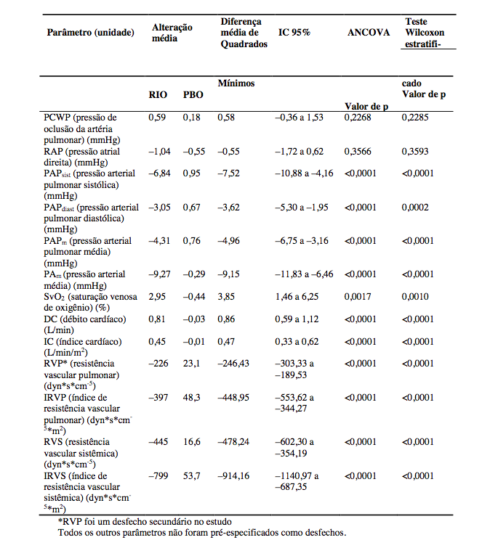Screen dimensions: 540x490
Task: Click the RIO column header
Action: click(158, 94)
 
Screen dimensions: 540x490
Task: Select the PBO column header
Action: click(193, 94)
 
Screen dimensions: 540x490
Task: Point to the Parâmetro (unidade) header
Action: click(90, 33)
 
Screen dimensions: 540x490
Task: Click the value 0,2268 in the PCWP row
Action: click(361, 117)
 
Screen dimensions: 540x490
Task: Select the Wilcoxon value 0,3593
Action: click(417, 152)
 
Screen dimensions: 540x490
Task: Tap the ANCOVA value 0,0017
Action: click(361, 297)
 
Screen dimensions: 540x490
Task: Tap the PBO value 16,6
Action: click(192, 441)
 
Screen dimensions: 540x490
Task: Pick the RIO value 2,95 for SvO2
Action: click(158, 297)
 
